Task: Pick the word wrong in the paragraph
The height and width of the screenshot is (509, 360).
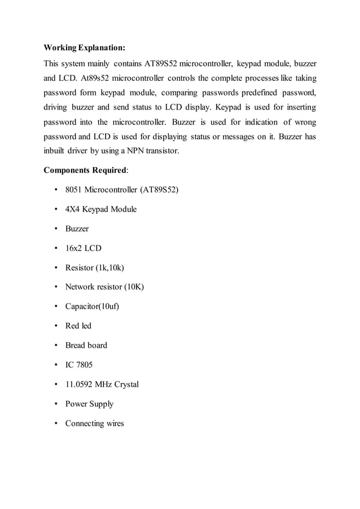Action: pyautogui.click(x=304, y=121)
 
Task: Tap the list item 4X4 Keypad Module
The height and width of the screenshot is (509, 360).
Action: pyautogui.click(x=101, y=209)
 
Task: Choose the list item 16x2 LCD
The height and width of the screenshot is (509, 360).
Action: pyautogui.click(x=84, y=248)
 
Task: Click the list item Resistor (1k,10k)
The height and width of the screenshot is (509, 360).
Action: pyautogui.click(x=94, y=267)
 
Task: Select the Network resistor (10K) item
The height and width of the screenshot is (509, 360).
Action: pyautogui.click(x=104, y=287)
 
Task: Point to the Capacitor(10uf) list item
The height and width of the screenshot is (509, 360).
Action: pyautogui.click(x=92, y=306)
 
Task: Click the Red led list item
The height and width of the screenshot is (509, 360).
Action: pyautogui.click(x=78, y=326)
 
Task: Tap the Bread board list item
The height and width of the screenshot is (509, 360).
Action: pyautogui.click(x=86, y=345)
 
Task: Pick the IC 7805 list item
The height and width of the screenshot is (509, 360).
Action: pyautogui.click(x=79, y=365)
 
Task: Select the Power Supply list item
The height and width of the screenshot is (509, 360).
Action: pyautogui.click(x=89, y=404)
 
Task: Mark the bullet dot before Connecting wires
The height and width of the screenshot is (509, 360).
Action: pyautogui.click(x=56, y=424)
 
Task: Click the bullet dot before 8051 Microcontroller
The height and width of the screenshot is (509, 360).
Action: pyautogui.click(x=56, y=190)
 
